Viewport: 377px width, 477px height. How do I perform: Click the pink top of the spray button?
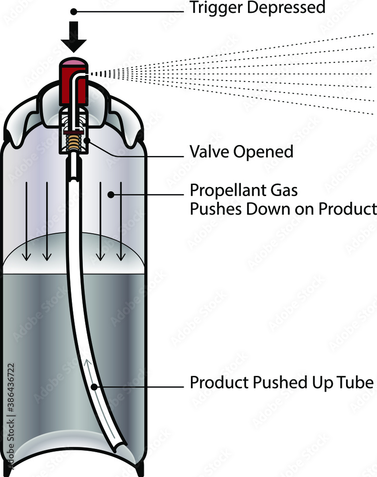[73, 63]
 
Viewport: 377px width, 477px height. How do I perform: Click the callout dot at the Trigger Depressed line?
[73, 11]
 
